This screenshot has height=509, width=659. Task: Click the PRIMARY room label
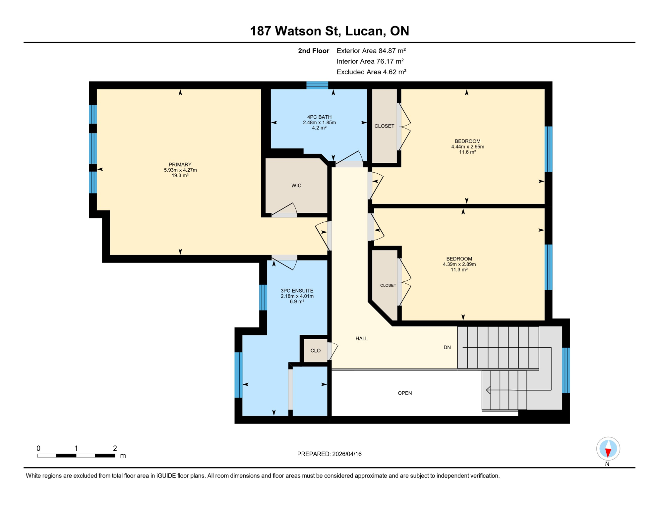tap(180, 164)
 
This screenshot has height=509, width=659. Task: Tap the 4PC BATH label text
tap(319, 117)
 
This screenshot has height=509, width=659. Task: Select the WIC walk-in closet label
tap(296, 186)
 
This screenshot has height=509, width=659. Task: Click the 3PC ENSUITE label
tap(297, 291)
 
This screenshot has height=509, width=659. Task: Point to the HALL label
tap(362, 338)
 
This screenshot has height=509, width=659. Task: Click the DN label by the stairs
tap(447, 347)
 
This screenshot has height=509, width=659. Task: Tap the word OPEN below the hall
tap(405, 393)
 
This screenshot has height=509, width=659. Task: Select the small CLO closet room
tap(315, 351)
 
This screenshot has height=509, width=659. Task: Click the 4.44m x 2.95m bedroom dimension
tap(467, 146)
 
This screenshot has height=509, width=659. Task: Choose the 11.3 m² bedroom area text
tap(459, 270)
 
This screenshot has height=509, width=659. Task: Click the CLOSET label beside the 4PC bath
tap(384, 126)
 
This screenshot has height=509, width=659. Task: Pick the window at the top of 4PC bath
tap(317, 85)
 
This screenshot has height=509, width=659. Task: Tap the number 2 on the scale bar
tap(115, 448)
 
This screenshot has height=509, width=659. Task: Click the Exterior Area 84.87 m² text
tap(371, 51)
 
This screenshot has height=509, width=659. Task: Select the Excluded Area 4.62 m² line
tap(371, 72)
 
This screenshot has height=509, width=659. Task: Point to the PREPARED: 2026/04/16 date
tap(329, 454)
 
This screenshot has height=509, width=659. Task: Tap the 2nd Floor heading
tap(313, 51)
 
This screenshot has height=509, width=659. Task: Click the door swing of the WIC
tap(285, 209)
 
